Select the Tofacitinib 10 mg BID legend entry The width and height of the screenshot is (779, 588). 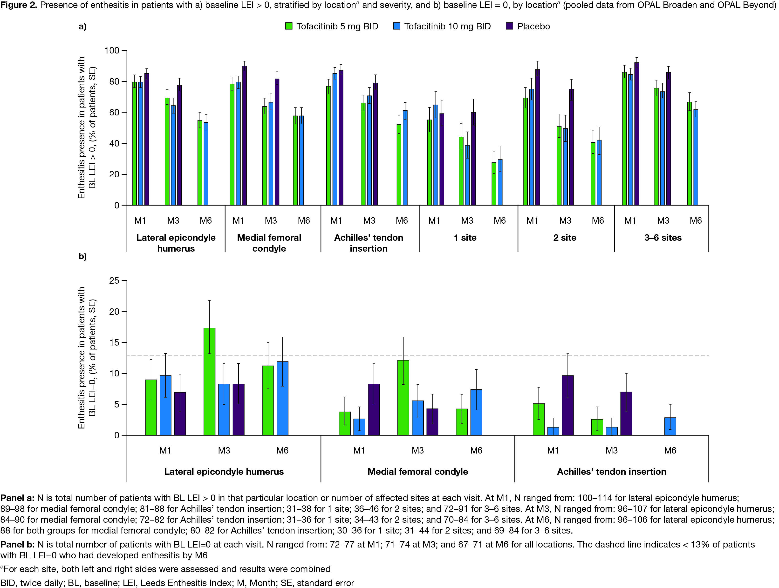click(x=447, y=27)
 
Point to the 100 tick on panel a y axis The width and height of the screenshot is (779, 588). click(x=112, y=50)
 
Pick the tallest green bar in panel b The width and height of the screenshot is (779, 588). click(x=210, y=381)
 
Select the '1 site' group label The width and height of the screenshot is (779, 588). click(x=465, y=238)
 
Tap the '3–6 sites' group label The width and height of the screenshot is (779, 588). click(x=663, y=238)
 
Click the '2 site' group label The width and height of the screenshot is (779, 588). click(x=565, y=238)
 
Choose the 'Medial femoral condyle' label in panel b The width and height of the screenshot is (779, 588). click(x=418, y=472)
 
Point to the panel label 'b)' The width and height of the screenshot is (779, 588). click(x=82, y=256)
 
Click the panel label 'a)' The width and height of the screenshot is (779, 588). click(x=82, y=27)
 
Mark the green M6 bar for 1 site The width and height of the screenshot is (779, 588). click(x=494, y=184)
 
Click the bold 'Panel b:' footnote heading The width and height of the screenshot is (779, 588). click(x=17, y=544)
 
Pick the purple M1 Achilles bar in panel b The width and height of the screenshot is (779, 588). click(x=568, y=405)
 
